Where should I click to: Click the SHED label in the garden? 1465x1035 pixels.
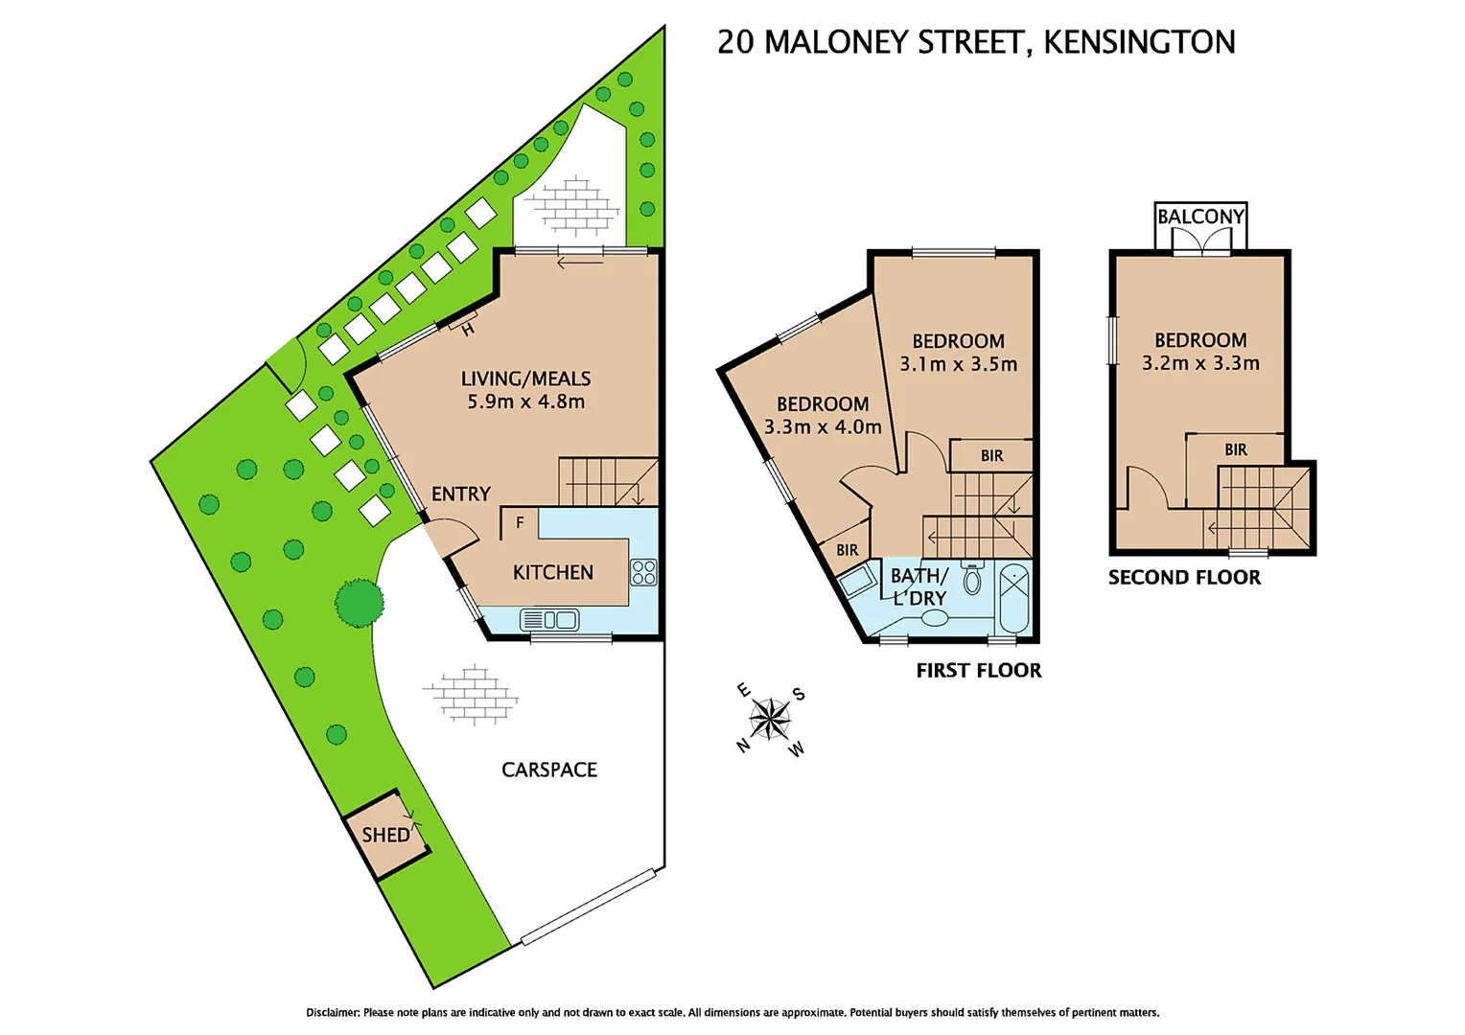[x=385, y=835]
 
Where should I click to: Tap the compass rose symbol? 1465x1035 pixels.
[x=770, y=719]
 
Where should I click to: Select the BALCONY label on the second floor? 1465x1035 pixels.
[x=1200, y=217]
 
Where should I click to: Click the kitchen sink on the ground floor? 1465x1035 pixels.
[x=549, y=620]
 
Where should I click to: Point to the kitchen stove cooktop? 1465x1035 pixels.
[x=643, y=572]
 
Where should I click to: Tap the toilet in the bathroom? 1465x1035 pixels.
[x=972, y=578]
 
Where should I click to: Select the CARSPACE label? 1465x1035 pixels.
[x=549, y=770]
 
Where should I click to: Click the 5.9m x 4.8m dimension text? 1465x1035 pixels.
[x=525, y=402]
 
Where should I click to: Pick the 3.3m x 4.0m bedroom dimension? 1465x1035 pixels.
[x=823, y=427]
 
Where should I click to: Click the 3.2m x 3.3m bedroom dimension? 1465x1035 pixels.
[x=1200, y=363]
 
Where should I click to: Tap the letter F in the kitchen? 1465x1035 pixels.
[x=520, y=523]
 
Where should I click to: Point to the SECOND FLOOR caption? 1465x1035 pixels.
[x=1184, y=577]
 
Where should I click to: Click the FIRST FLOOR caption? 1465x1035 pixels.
[x=978, y=670]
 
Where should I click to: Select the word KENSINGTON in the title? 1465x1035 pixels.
[x=1139, y=42]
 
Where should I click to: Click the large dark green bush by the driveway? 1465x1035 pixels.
[x=360, y=603]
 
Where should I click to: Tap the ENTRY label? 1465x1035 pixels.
[x=461, y=494]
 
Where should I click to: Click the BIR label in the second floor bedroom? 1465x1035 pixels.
[x=1236, y=449]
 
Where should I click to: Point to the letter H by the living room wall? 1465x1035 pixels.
[x=468, y=331]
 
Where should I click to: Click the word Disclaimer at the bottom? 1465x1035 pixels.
[x=333, y=1012]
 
